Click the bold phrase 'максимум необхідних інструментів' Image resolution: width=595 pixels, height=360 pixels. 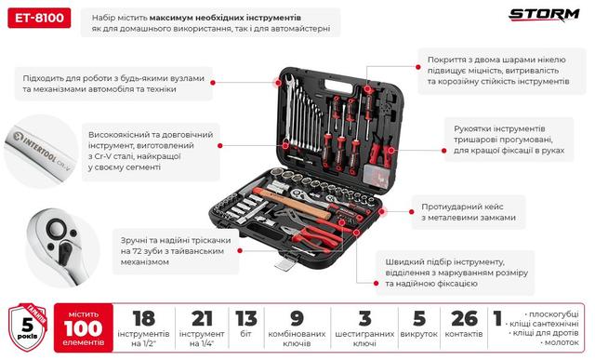(257, 18)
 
